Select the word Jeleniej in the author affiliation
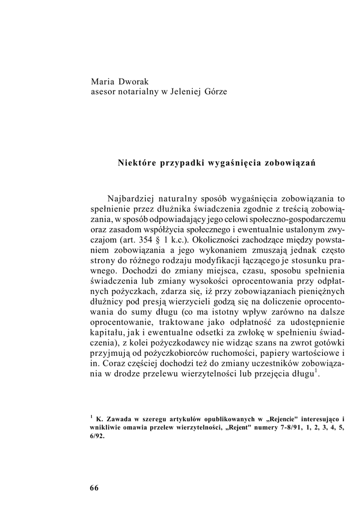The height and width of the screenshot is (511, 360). [x=181, y=92]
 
